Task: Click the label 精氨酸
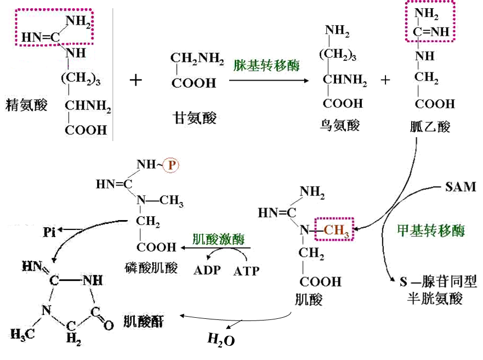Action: pos(26,105)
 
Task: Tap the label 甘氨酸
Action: pos(195,118)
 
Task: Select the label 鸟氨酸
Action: pos(340,125)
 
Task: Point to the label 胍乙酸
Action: pos(430,126)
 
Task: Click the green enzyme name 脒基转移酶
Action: pos(266,65)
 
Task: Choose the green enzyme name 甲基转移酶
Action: pos(431,230)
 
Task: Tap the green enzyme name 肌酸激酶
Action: pos(218,239)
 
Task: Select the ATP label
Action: pos(246,271)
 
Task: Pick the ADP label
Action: pos(207,271)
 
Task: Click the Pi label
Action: pos(49,232)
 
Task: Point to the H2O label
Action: pos(221,340)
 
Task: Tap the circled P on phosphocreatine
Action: pos(171,165)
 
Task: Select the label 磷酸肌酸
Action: pos(151,268)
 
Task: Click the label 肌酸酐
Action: pos(143,322)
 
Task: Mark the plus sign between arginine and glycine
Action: pos(135,81)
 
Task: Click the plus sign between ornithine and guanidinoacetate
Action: pos(385,80)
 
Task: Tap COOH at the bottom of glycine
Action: pos(194,83)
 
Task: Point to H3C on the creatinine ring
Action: pos(22,334)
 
